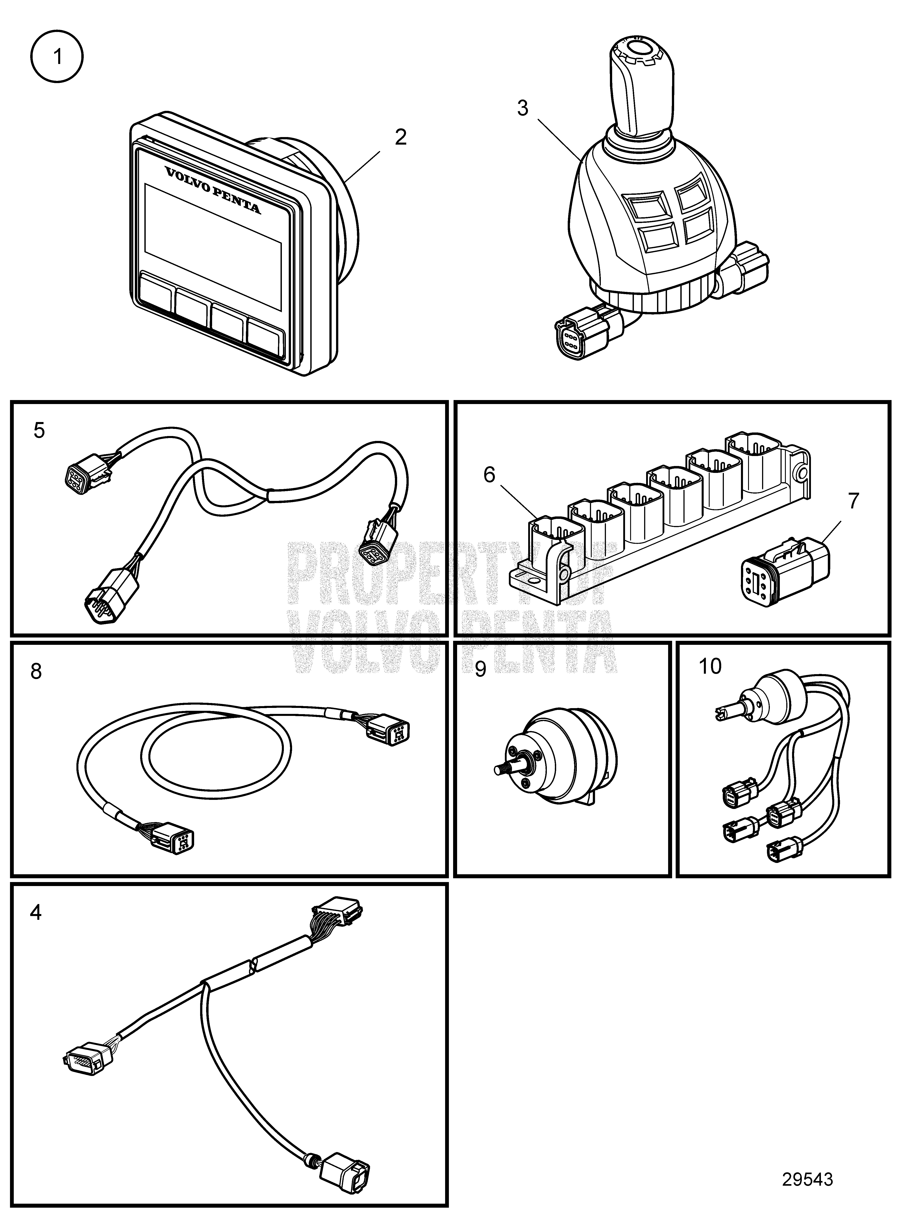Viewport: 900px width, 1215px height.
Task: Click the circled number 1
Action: pos(57,57)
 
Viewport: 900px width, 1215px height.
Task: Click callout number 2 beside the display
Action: pos(400,137)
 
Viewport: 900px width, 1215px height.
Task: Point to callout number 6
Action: pos(489,475)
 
